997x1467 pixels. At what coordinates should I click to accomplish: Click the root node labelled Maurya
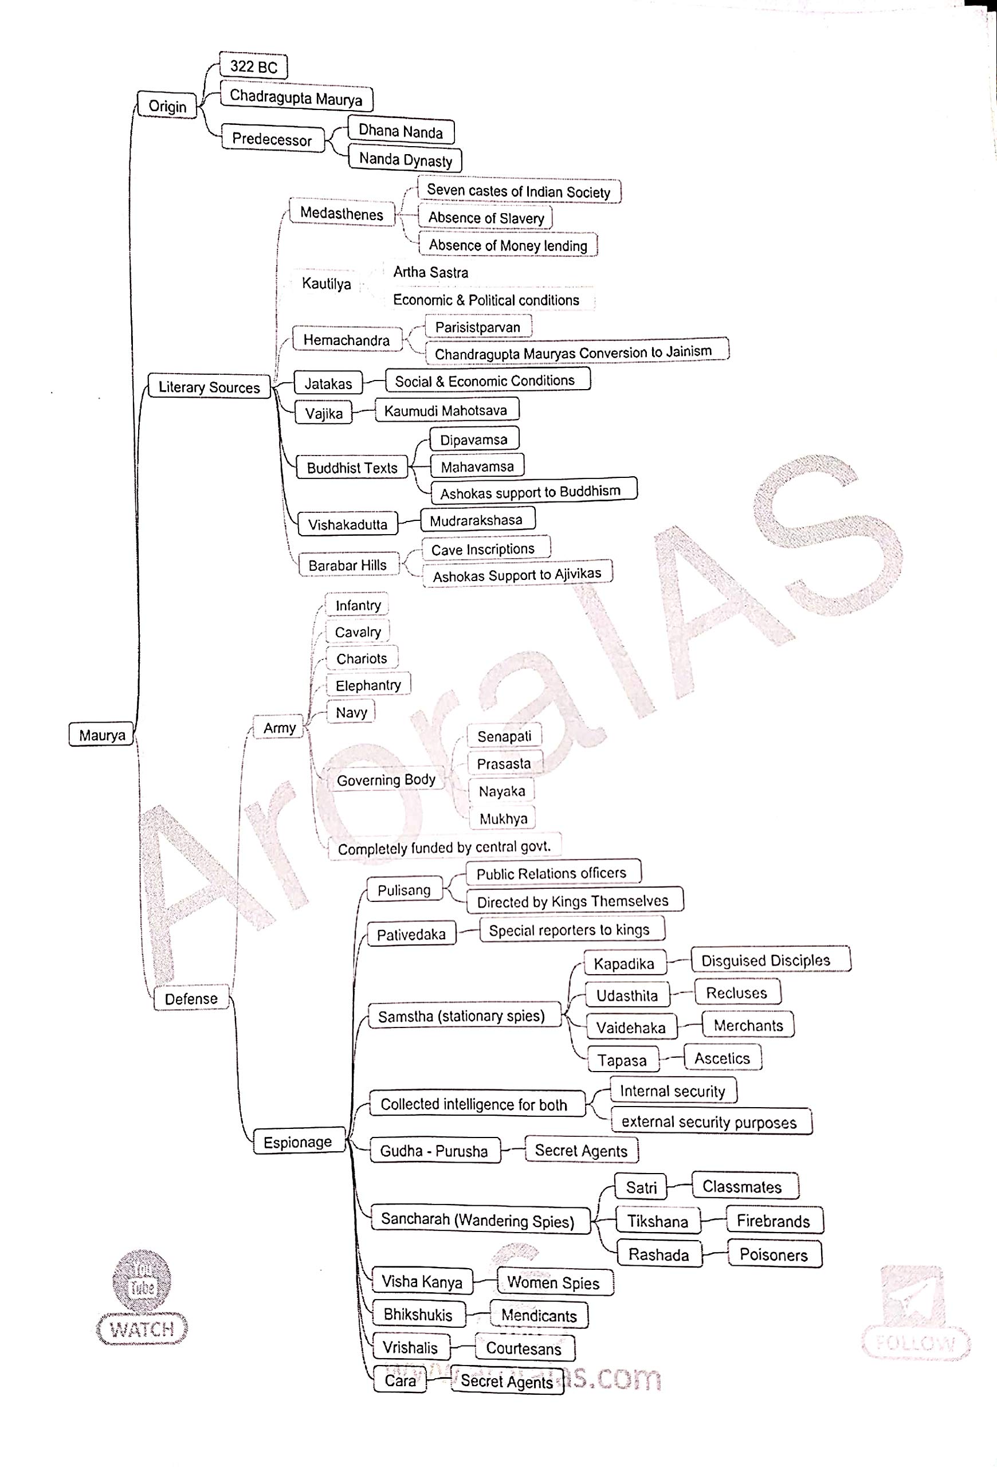click(101, 735)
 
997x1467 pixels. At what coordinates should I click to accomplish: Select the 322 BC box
click(253, 66)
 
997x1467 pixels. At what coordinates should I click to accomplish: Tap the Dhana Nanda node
click(401, 131)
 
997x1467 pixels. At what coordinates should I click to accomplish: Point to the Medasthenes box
click(342, 213)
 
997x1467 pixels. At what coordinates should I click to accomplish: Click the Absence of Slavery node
click(485, 218)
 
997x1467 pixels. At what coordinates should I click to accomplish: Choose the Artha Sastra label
click(430, 272)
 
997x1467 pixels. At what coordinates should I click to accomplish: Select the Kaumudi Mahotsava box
click(445, 410)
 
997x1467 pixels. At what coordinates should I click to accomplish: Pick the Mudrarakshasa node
click(476, 520)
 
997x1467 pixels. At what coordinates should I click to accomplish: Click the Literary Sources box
click(209, 387)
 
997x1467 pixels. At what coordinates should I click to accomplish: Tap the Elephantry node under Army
click(368, 685)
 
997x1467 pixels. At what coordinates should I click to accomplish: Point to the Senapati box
click(504, 736)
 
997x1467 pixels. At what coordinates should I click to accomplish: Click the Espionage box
click(298, 1142)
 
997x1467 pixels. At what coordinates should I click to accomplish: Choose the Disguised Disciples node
click(766, 960)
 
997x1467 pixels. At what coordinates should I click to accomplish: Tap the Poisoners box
click(774, 1254)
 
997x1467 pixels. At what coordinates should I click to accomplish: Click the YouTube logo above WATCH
click(142, 1281)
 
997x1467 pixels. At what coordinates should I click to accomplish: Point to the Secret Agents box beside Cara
click(507, 1381)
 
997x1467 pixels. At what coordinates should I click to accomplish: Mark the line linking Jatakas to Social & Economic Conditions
click(374, 381)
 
